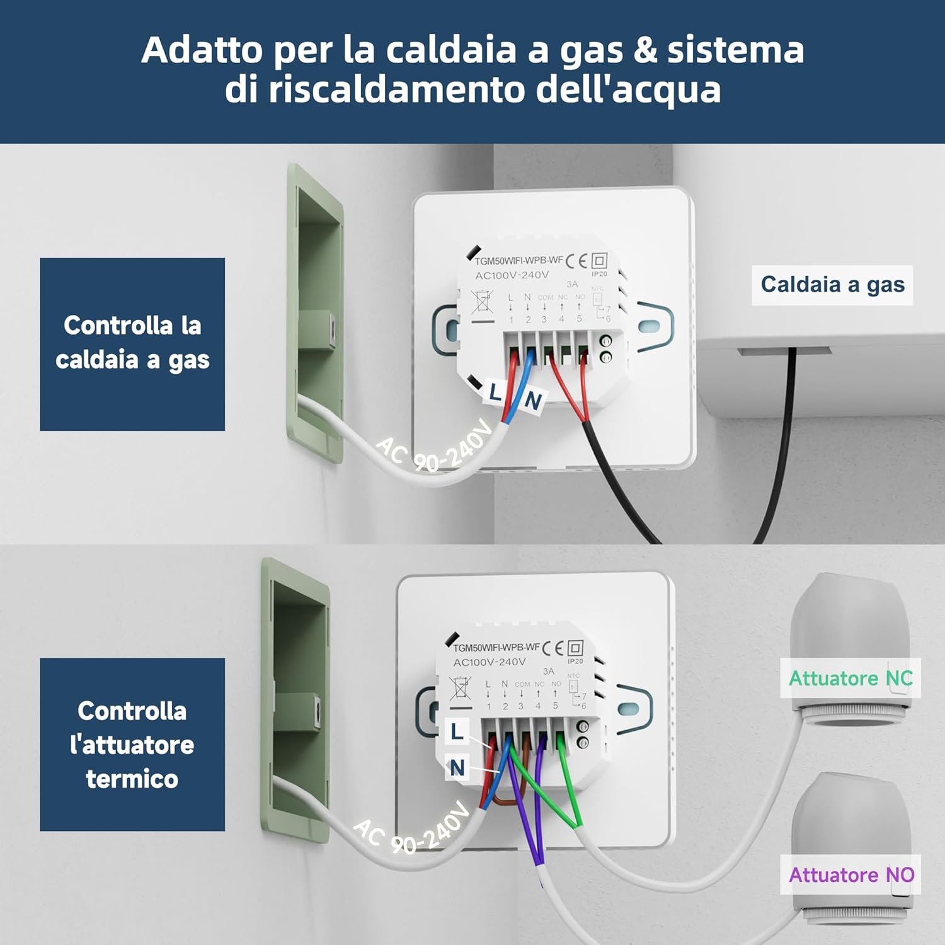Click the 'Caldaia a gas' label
[832, 285]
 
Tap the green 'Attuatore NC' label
[850, 679]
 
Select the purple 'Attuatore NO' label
[850, 874]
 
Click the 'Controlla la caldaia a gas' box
[132, 344]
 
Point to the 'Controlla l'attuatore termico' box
[132, 745]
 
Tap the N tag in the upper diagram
[533, 401]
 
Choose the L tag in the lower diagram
[457, 731]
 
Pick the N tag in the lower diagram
[457, 767]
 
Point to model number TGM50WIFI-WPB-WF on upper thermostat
[518, 260]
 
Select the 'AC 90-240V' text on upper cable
[435, 449]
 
